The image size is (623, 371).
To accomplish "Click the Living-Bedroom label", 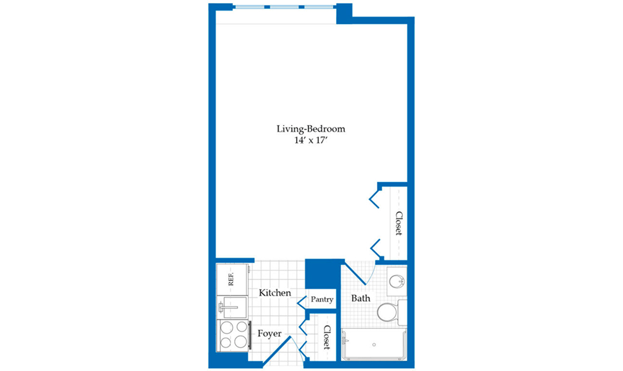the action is pos(311,129).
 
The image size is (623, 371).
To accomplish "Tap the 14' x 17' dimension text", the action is pos(310,140).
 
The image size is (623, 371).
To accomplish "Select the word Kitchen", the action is pos(275,293).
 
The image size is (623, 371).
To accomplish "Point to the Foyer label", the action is pos(269,334).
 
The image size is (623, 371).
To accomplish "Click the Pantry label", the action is pos(322,299).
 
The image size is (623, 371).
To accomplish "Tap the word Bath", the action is pos(361,298).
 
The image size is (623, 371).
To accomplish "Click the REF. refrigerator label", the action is pos(231,279).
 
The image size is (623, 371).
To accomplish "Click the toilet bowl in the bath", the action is pos(388,312).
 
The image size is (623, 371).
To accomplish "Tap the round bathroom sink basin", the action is pos(396,281).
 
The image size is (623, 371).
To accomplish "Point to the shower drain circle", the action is pos(374,345).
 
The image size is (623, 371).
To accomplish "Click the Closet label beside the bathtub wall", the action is pos(327,337).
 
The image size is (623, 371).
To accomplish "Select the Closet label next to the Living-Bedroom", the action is pos(399,223).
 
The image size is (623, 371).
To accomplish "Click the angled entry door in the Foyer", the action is pos(277,351).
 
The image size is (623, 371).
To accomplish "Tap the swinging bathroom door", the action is pos(355,273).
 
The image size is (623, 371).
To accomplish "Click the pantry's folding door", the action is pos(302,302).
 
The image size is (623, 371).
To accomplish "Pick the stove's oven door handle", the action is pos(250,335).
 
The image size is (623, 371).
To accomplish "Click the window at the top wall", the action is pos(284,7).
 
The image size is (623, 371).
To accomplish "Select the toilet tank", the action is pos(402,312).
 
